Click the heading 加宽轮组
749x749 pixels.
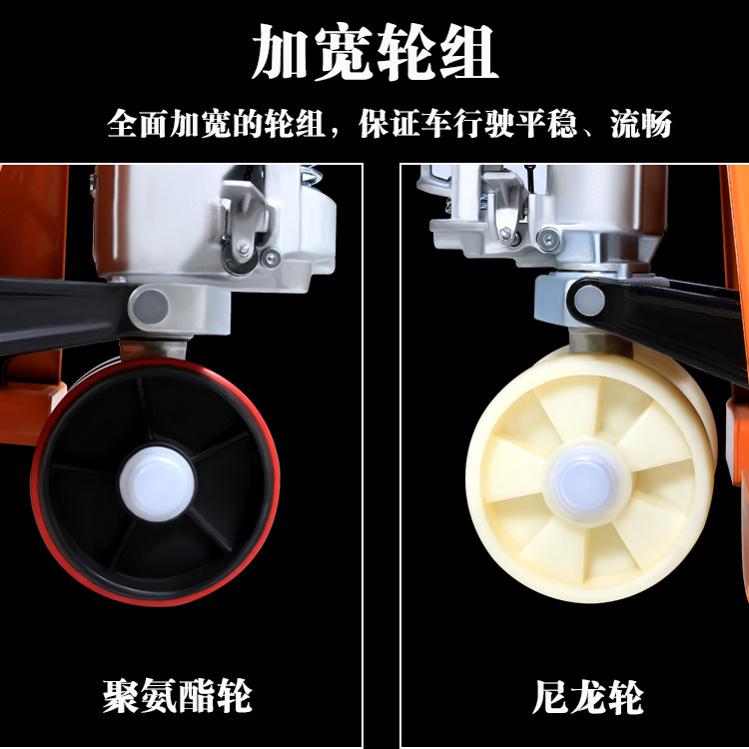click(374, 52)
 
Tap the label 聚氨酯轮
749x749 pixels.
click(177, 695)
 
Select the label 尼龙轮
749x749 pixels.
click(588, 697)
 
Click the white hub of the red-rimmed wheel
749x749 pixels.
click(157, 483)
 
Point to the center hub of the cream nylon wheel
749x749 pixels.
click(588, 484)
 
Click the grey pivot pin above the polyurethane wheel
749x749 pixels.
click(151, 307)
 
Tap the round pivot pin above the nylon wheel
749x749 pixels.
click(589, 301)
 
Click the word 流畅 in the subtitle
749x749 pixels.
click(641, 124)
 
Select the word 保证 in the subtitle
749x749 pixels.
click(389, 124)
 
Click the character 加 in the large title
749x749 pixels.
click(280, 52)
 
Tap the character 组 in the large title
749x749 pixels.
click(469, 52)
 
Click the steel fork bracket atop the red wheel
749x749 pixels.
click(153, 350)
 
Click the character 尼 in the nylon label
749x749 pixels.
click(550, 697)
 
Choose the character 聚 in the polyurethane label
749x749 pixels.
click(121, 695)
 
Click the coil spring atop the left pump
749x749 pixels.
click(311, 175)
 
